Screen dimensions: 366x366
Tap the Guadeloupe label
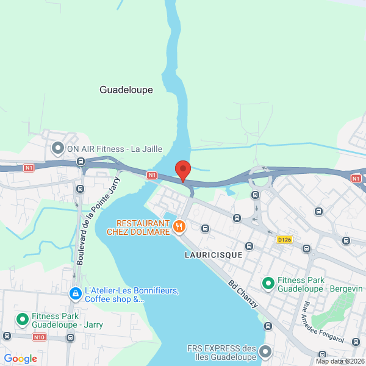point(126,90)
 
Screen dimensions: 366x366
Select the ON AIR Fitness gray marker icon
point(58,148)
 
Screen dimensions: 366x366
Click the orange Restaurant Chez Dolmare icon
point(179,227)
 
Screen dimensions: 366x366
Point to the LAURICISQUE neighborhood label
point(213,254)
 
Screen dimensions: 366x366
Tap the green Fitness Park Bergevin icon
point(267,283)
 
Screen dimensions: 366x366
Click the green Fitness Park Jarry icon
point(23,319)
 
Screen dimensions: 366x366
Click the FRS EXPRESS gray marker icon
point(265,352)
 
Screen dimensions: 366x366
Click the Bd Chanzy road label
point(243,293)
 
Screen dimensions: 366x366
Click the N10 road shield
point(40,337)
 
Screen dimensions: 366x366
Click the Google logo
point(20,359)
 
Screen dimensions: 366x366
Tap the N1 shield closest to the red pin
point(152,175)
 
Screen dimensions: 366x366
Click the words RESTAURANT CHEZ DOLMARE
point(138,227)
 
